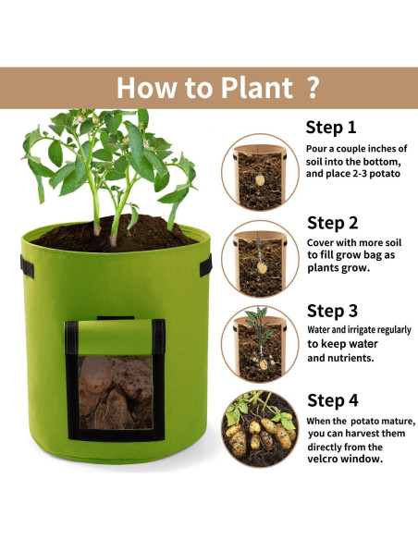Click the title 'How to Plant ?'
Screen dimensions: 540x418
(217, 88)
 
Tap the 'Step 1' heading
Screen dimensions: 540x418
(331, 128)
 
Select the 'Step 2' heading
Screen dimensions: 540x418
(332, 222)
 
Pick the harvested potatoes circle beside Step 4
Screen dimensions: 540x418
(260, 427)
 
